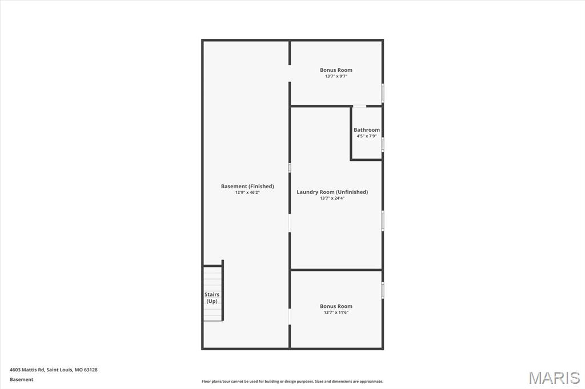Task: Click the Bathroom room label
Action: pos(366,130)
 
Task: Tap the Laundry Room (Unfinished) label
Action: pos(332,192)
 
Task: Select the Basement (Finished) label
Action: pos(247,187)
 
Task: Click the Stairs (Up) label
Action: pos(212,298)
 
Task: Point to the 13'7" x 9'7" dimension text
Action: pos(336,76)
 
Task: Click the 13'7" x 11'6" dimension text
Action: pos(336,313)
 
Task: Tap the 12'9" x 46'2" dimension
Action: pos(247,193)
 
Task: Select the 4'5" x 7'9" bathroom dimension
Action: pos(366,136)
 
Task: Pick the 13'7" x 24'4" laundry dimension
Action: pos(332,198)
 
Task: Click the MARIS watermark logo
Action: pos(554,378)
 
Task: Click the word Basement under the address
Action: pos(22,379)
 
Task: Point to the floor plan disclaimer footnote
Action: pos(292,382)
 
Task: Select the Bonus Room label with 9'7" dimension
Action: pos(336,70)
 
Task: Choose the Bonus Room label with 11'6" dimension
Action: pos(336,306)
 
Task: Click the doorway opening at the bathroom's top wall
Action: pos(359,106)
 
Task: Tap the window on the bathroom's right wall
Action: pos(382,144)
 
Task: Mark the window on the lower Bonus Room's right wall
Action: pos(382,290)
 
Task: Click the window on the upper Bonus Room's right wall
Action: pos(382,93)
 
